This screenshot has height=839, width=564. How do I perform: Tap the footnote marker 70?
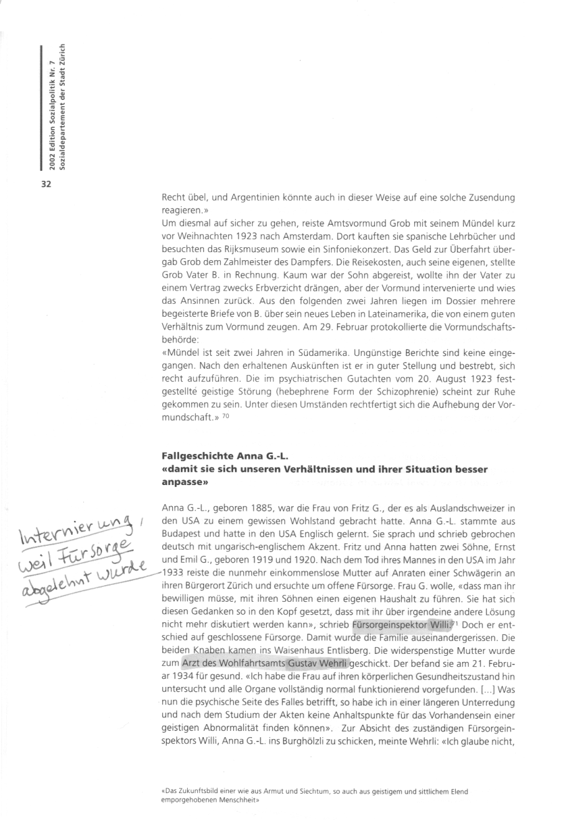point(226,417)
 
